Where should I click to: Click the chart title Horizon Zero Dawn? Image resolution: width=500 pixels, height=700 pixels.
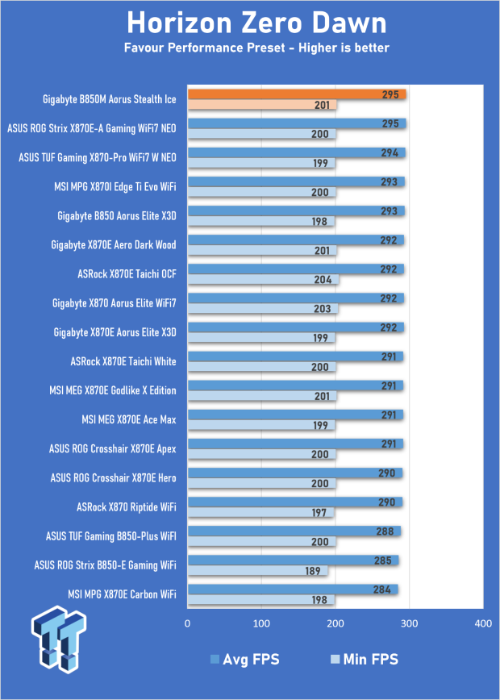click(x=256, y=23)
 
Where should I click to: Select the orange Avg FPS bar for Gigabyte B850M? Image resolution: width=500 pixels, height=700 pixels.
click(x=297, y=94)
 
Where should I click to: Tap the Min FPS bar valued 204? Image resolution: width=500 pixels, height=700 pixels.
click(x=264, y=280)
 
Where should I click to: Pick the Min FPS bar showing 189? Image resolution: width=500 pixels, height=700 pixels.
click(x=257, y=570)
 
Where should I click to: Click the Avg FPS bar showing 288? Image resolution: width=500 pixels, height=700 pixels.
click(x=294, y=531)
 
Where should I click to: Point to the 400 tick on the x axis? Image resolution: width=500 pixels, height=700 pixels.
click(x=484, y=623)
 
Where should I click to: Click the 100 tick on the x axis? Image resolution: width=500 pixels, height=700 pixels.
click(x=261, y=623)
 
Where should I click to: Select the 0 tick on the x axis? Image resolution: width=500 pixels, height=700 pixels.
click(x=187, y=623)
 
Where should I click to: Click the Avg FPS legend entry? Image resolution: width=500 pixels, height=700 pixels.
click(x=244, y=659)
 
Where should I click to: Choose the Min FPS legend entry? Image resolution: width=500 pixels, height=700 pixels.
click(x=364, y=659)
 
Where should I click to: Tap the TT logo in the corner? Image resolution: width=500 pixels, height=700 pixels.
click(x=59, y=639)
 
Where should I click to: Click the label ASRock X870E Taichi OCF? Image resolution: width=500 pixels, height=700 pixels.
click(x=127, y=273)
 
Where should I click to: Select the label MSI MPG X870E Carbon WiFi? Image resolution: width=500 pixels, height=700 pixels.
click(x=122, y=594)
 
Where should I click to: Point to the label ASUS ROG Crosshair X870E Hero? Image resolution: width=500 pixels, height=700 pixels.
click(x=114, y=477)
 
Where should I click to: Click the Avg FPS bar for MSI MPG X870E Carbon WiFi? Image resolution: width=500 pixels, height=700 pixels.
click(x=293, y=590)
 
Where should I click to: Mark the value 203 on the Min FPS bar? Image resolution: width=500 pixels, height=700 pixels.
click(x=323, y=309)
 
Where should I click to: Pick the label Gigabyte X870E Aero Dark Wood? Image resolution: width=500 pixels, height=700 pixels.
click(x=114, y=244)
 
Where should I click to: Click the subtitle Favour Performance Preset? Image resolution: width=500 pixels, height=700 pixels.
click(x=205, y=48)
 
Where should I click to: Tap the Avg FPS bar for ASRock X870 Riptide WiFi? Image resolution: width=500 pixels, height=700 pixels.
click(x=295, y=502)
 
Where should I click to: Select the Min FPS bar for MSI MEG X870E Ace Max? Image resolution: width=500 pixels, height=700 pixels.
click(x=261, y=425)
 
